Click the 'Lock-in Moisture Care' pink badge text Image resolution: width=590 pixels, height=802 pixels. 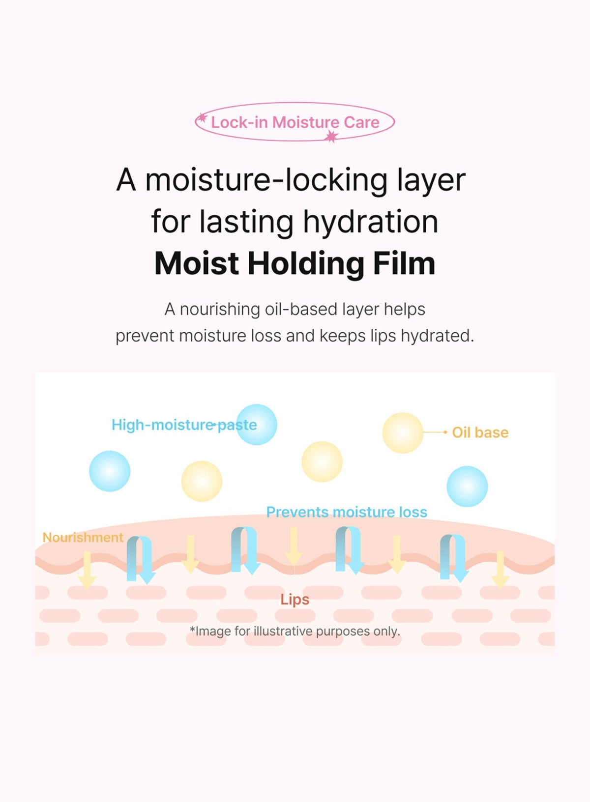[x=295, y=122]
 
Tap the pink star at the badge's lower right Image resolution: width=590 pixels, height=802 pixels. [x=331, y=137]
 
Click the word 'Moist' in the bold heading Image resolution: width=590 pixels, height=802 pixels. [x=197, y=263]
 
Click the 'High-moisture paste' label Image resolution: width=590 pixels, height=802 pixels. [x=184, y=425]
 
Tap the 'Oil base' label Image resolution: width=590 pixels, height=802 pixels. [x=480, y=432]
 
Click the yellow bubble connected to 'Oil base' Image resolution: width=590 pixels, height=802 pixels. [x=403, y=432]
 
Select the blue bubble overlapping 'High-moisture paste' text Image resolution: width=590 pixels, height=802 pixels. [x=257, y=425]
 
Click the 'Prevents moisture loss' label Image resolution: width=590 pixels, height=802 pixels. [x=347, y=512]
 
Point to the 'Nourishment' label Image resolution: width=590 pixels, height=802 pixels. [x=83, y=538]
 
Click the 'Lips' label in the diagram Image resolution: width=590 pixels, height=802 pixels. [x=295, y=600]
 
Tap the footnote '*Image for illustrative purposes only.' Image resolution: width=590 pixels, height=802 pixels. [x=295, y=631]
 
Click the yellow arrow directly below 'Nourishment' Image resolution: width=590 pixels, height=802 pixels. [x=87, y=570]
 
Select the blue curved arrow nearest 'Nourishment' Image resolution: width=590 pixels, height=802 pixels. [x=141, y=559]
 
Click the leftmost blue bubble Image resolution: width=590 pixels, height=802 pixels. [x=110, y=471]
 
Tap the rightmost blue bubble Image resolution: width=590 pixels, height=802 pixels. [x=467, y=487]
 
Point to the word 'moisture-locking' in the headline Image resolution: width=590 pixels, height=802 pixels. [x=266, y=180]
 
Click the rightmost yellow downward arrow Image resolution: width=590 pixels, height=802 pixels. [x=500, y=569]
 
